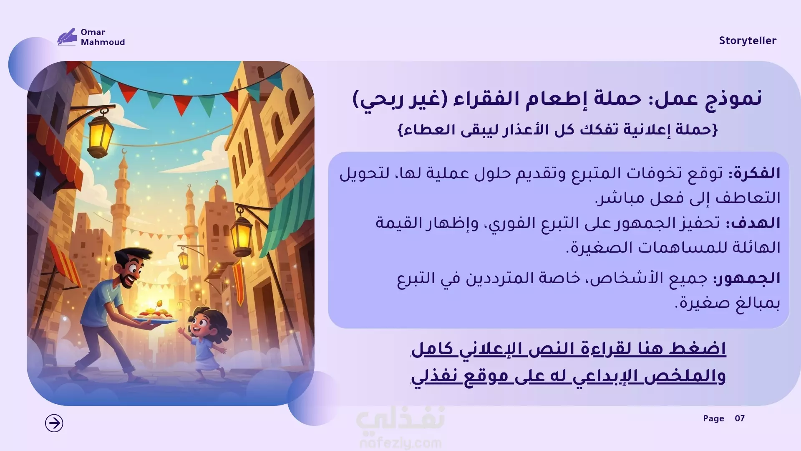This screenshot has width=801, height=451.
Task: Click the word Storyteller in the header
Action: [x=747, y=41]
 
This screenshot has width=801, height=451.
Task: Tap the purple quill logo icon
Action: [x=67, y=37]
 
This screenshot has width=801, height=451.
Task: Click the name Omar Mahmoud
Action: [x=103, y=37]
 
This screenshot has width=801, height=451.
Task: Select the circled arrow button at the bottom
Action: [x=54, y=423]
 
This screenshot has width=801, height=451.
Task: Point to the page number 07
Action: [x=740, y=418]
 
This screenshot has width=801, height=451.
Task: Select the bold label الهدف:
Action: [x=753, y=223]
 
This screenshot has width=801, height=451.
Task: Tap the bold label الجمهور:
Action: [x=747, y=278]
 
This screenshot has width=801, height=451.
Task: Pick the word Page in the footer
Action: [x=713, y=418]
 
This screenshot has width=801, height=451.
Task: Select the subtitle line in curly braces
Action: [x=558, y=130]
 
